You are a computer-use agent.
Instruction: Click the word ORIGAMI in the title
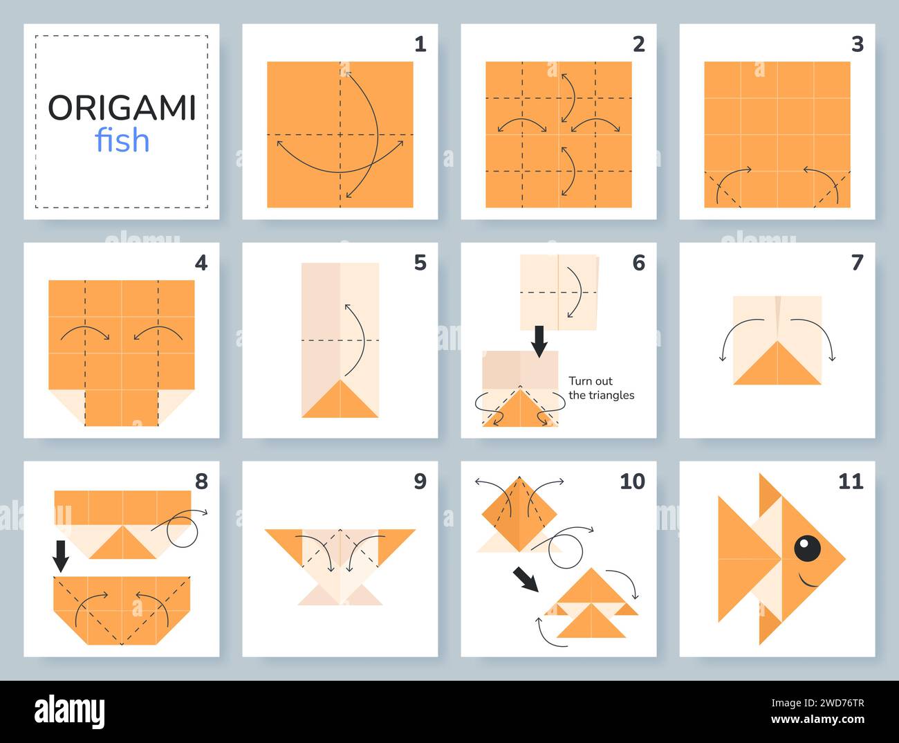[x=122, y=108]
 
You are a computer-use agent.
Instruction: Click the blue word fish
[x=122, y=140]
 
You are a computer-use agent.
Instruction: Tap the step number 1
[x=420, y=44]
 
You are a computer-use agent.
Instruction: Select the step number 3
[x=857, y=44]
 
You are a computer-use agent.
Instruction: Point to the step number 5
[x=420, y=263]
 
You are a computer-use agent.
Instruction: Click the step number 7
[x=857, y=263]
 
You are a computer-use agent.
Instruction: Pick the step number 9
[x=420, y=481]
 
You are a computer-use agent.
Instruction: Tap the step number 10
[x=631, y=481]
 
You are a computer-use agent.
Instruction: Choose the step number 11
[x=851, y=481]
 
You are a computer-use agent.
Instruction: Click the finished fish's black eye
[x=807, y=549]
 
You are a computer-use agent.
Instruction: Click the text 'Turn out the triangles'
[x=600, y=388]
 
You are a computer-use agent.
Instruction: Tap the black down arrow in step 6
[x=539, y=339]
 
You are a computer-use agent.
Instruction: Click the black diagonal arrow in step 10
[x=526, y=579]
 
